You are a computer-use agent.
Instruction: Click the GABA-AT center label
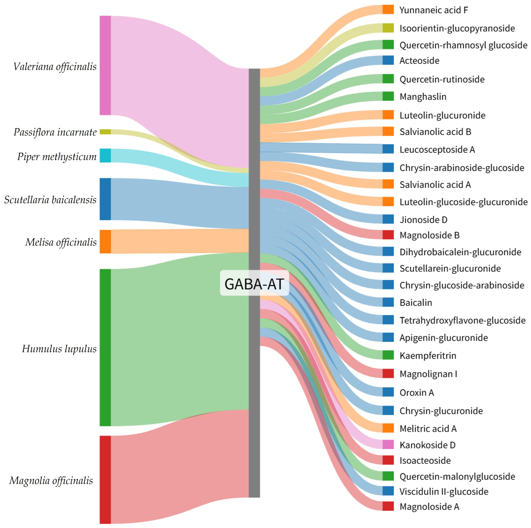point(254,284)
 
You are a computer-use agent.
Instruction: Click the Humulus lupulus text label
point(59,349)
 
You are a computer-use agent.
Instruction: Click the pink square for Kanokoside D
point(388,445)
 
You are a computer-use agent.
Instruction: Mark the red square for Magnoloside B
point(388,235)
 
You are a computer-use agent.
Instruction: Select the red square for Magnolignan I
point(388,373)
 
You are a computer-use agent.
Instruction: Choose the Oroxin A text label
point(417,392)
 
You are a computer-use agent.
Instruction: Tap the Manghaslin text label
point(423,97)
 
